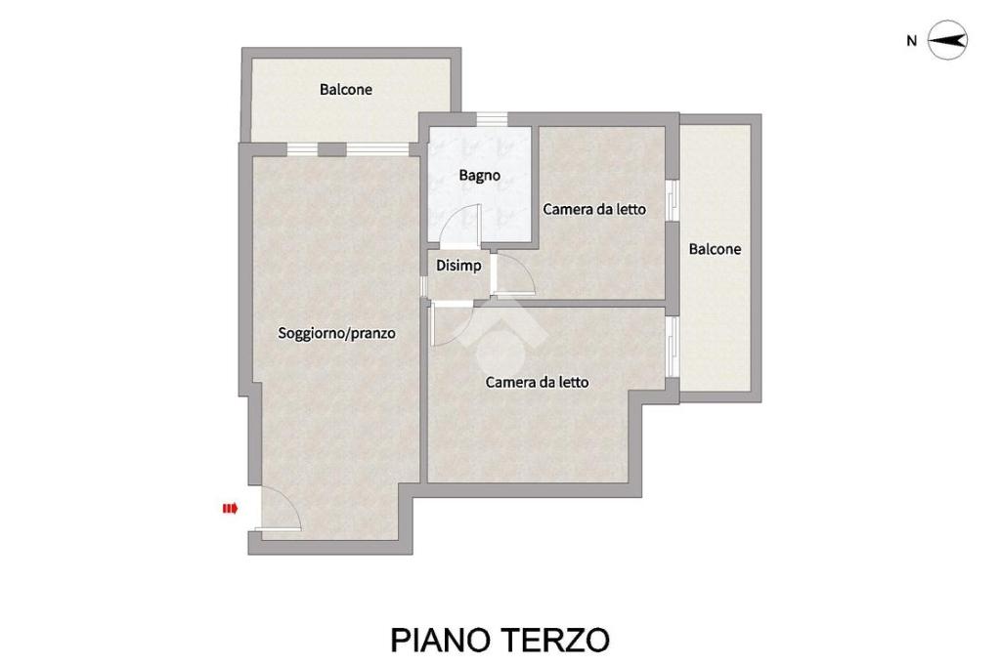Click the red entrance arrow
point(230,509)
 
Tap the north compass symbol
point(947,40)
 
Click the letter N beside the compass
point(912,41)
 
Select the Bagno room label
point(479,175)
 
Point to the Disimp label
point(458,266)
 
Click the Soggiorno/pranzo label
point(336,333)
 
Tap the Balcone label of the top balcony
point(345,89)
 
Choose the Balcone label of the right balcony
point(715,249)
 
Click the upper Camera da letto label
point(594,209)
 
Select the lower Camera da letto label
point(537,382)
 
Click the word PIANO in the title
point(441,640)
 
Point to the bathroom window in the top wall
point(493,118)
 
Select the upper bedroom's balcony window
point(672,200)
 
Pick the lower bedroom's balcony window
point(672,347)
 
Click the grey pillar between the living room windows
point(332,149)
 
